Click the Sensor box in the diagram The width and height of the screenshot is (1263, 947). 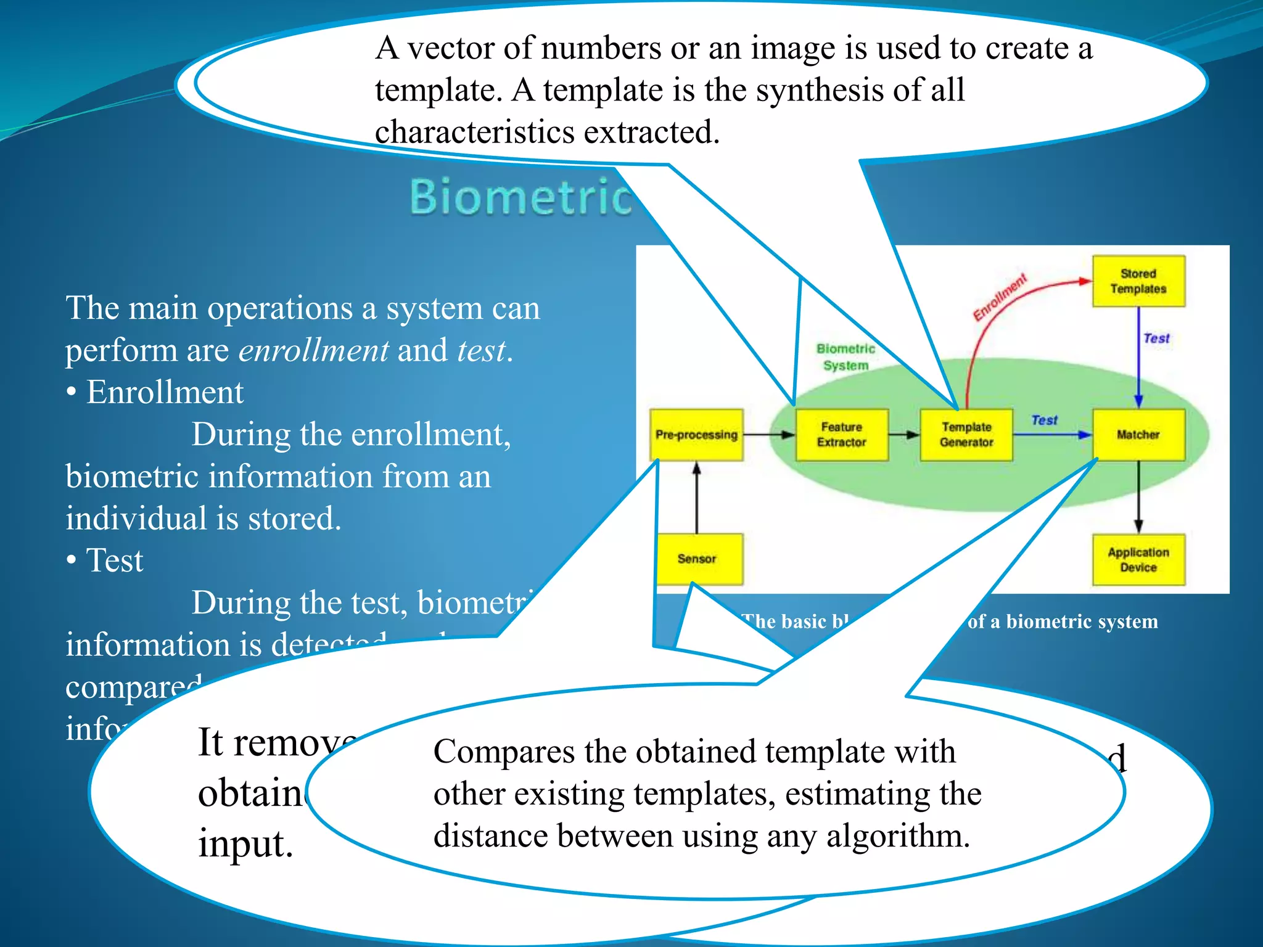click(x=697, y=559)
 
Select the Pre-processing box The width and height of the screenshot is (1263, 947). click(x=696, y=435)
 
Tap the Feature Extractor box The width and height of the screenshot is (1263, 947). click(x=842, y=435)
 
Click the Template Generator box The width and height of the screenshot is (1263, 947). click(x=966, y=435)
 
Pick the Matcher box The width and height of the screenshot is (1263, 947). click(x=1138, y=435)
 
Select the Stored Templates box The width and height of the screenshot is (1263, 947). click(x=1138, y=281)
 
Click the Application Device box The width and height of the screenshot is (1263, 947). click(x=1138, y=559)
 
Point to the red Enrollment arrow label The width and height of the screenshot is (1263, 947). click(x=1000, y=297)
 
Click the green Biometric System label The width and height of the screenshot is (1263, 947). click(x=845, y=357)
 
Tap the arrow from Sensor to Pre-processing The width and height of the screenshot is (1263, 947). click(x=697, y=498)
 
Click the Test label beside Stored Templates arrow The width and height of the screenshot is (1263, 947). click(x=1156, y=338)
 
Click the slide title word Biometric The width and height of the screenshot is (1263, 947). click(x=521, y=197)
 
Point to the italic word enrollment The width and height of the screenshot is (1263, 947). click(x=313, y=351)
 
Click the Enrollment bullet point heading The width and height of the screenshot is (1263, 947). click(x=165, y=393)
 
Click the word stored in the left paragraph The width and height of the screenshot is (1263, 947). click(x=294, y=519)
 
